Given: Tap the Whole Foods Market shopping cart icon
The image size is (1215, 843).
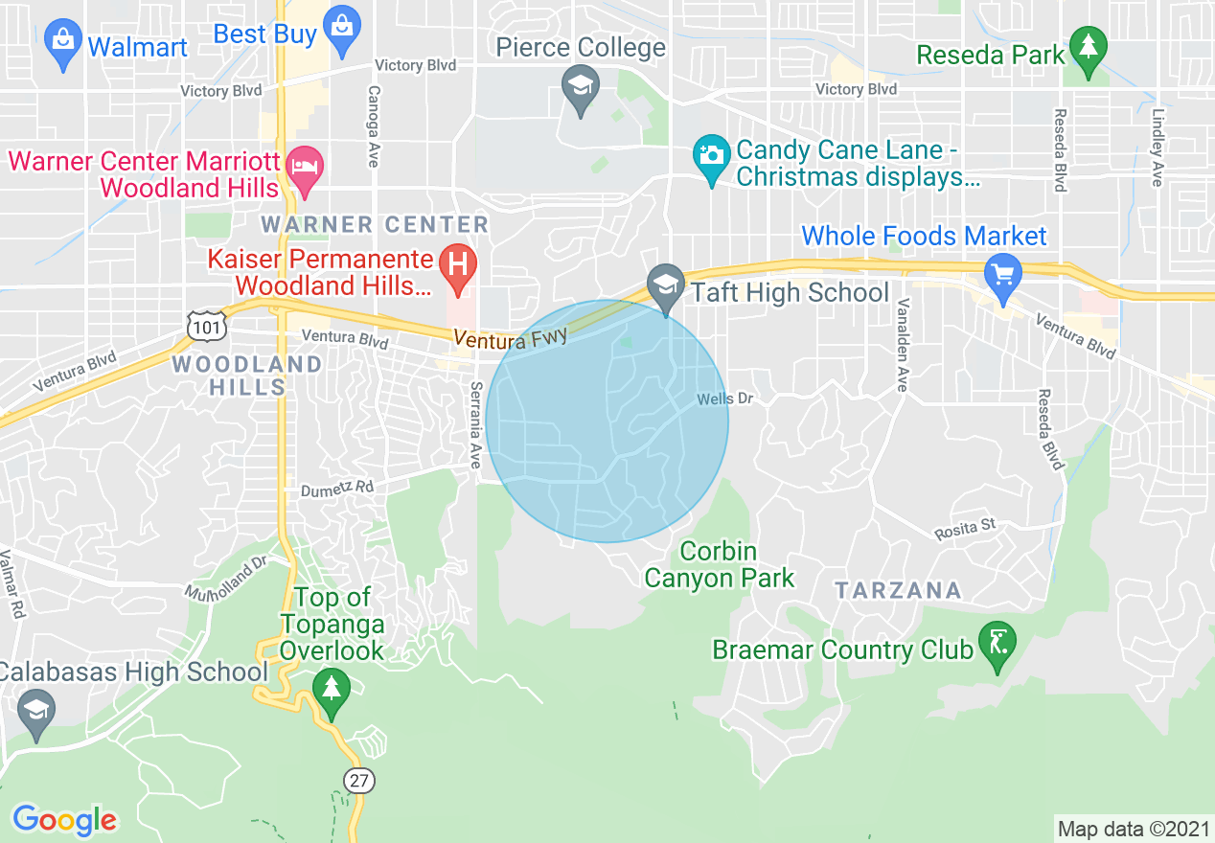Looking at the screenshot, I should tap(1003, 274).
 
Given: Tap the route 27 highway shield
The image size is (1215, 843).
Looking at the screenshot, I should tap(358, 780).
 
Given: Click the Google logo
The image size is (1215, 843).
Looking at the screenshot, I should tap(64, 820).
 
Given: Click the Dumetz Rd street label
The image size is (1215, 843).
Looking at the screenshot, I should tap(336, 488).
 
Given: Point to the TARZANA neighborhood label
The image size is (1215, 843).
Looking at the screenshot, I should tap(897, 590).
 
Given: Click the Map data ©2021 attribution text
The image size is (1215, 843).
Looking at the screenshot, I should tap(1134, 829).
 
